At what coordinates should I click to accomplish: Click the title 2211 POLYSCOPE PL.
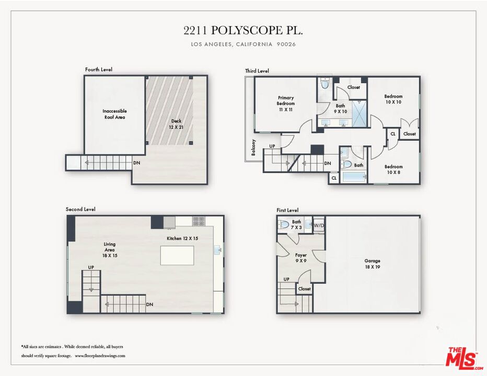[x=243, y=30]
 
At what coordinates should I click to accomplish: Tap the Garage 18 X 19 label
[x=372, y=264]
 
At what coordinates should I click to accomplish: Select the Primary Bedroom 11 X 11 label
[x=285, y=103]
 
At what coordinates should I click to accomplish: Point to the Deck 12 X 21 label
[x=176, y=124]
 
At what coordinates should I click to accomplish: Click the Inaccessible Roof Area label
[x=114, y=114]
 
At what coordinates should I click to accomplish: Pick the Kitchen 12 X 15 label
[x=182, y=238]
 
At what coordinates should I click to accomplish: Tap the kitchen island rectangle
[x=177, y=255]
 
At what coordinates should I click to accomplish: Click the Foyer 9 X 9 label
[x=300, y=257]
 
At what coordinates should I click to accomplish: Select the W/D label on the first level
[x=318, y=226]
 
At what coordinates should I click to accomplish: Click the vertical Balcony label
[x=253, y=147]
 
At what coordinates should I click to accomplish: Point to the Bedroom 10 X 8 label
[x=393, y=169]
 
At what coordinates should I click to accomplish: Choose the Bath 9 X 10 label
[x=340, y=108]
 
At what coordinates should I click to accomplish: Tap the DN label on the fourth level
[x=137, y=163]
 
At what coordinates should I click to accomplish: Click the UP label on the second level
[x=91, y=267]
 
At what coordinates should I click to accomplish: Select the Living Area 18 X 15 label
[x=110, y=250]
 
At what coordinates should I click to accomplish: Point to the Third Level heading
[x=257, y=71]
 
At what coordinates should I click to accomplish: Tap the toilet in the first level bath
[x=283, y=224]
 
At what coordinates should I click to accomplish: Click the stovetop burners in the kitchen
[x=199, y=221]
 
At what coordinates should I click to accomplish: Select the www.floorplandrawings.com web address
[x=100, y=356]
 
